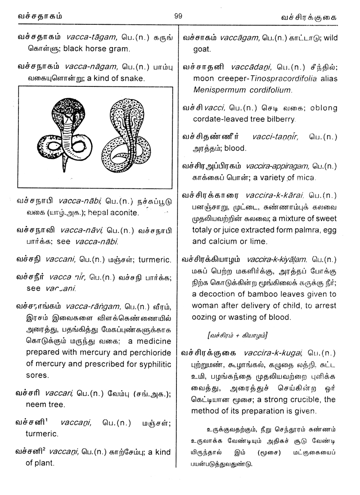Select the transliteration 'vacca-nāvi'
85,230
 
